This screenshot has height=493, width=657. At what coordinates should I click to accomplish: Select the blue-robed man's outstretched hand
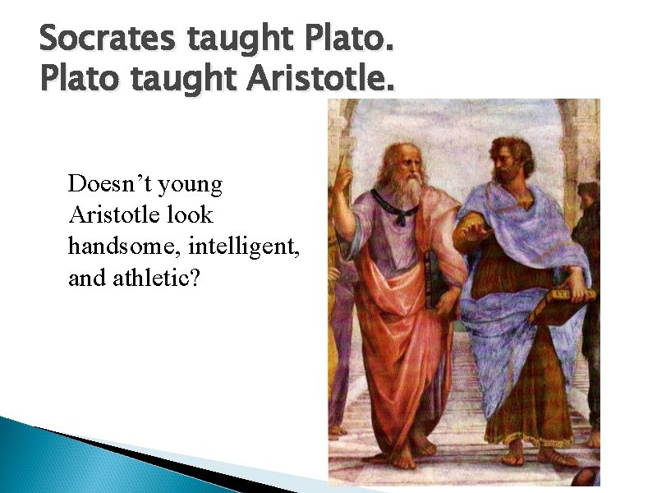tap(471, 234)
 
